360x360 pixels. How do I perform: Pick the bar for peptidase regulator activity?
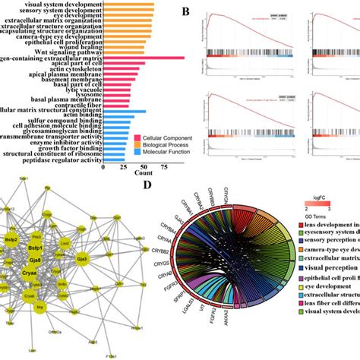[114, 159]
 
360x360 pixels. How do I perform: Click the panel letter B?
[185, 12]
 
